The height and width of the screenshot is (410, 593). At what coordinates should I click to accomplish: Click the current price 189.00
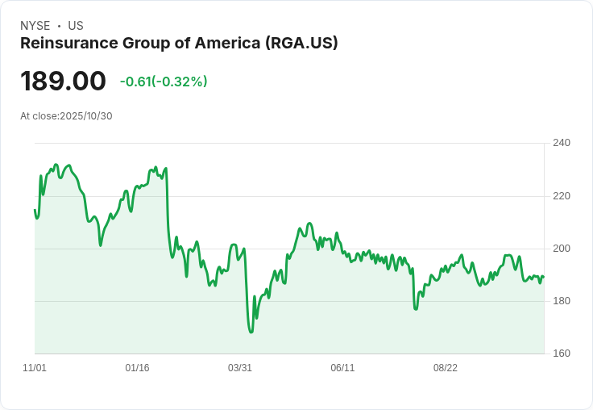tap(63, 82)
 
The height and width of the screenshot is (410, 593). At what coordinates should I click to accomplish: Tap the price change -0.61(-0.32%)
tap(164, 82)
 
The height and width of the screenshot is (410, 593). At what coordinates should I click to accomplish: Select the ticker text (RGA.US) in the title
tap(301, 44)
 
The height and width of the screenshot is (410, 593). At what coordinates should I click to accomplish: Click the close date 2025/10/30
tap(86, 115)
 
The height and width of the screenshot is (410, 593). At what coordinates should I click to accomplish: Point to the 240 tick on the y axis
tap(561, 144)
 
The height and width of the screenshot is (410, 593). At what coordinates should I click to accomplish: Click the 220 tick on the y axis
tap(561, 196)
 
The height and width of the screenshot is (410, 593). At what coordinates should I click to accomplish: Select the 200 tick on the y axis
tap(561, 249)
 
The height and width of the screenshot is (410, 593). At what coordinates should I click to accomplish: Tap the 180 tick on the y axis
tap(561, 301)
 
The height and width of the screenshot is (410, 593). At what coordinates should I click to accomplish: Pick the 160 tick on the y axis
tap(561, 354)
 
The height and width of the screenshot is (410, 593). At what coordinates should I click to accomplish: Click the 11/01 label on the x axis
tap(35, 368)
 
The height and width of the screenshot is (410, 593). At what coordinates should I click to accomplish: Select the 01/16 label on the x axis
tap(137, 368)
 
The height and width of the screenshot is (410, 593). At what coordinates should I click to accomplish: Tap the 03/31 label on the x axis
tap(240, 368)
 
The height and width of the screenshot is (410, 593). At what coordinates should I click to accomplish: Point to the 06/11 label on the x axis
tap(342, 368)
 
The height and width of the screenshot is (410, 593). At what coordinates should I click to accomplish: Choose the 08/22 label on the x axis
tap(445, 368)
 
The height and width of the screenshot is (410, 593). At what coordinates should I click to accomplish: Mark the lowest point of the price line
tap(251, 332)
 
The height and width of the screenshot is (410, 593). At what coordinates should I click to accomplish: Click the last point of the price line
tap(543, 277)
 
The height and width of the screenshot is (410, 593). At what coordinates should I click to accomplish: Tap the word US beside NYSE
tap(76, 26)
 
